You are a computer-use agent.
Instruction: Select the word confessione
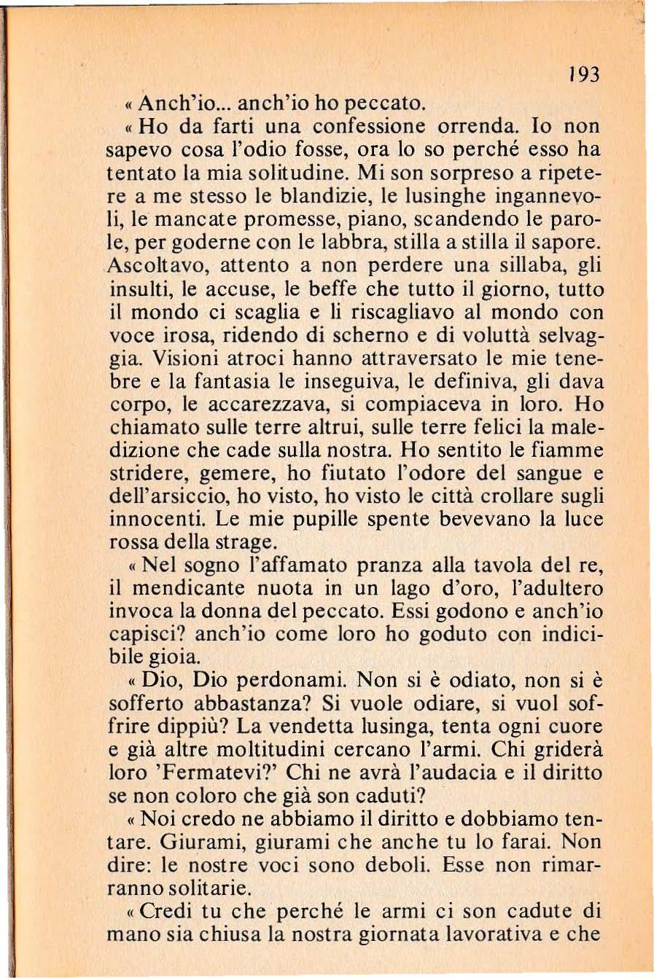(376, 126)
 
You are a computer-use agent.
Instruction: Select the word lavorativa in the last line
(495, 934)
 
